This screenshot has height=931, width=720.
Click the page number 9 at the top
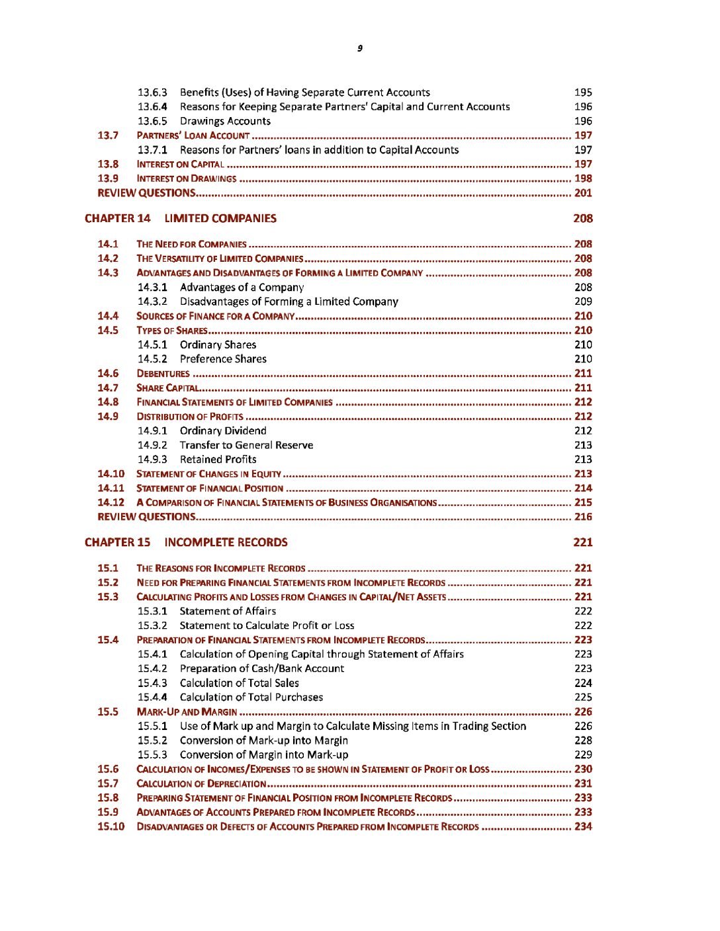click(360, 48)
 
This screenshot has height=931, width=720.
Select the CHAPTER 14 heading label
click(118, 218)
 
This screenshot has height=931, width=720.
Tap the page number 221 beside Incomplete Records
click(582, 542)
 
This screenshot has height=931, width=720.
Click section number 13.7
click(108, 136)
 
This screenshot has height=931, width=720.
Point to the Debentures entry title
click(163, 374)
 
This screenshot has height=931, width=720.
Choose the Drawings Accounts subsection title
click(225, 121)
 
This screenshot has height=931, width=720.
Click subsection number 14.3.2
click(152, 302)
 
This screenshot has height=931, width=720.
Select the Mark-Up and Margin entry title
click(187, 712)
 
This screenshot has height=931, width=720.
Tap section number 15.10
click(111, 827)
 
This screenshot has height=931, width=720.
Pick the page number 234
click(583, 827)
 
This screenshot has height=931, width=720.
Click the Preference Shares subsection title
click(223, 359)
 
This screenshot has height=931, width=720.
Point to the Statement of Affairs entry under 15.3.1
click(228, 611)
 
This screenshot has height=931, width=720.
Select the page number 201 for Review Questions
click(583, 193)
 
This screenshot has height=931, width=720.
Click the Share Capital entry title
click(167, 388)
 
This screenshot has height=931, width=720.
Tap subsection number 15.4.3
click(152, 683)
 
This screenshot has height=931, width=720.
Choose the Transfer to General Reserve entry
click(246, 445)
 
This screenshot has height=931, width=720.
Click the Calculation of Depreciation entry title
click(201, 784)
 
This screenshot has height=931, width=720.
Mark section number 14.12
click(111, 503)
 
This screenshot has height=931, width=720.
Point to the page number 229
click(583, 754)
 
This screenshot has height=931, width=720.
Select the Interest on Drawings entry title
click(186, 179)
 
